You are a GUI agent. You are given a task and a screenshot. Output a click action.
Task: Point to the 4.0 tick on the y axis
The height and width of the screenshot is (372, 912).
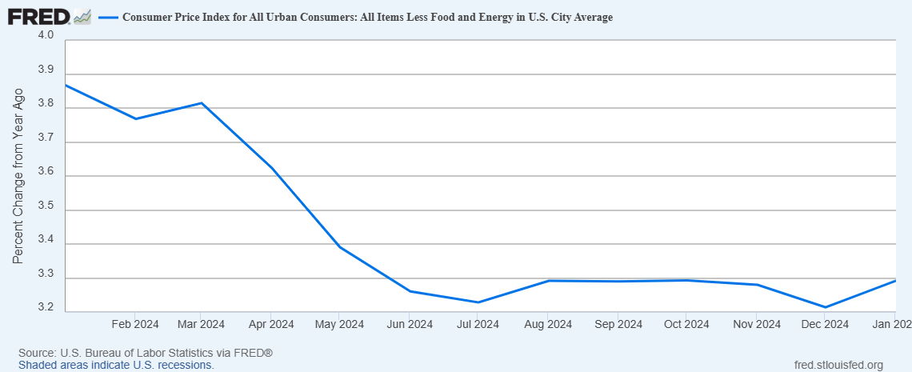click(45, 35)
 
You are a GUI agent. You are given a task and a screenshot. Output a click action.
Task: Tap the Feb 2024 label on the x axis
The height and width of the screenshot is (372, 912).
click(134, 324)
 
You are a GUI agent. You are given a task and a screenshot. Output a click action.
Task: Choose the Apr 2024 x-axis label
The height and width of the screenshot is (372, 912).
click(271, 324)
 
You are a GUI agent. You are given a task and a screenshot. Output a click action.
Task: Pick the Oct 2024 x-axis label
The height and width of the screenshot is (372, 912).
click(686, 324)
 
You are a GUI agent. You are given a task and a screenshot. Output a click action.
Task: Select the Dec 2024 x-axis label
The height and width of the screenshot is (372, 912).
click(825, 324)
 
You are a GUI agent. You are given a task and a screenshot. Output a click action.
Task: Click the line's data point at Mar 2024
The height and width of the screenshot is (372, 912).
click(202, 103)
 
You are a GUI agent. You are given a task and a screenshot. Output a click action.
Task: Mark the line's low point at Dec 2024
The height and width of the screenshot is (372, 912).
click(825, 307)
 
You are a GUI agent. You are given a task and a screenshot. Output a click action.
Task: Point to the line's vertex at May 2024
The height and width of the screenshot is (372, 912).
click(339, 247)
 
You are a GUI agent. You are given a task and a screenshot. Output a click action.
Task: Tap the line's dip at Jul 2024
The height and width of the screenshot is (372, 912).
click(478, 302)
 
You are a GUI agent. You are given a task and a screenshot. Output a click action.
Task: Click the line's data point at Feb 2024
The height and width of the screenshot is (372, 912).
click(135, 119)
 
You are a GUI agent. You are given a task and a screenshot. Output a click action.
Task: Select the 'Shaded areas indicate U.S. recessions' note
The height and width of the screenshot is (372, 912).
click(116, 365)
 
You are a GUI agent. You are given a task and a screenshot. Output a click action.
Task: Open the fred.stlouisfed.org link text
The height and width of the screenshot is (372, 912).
click(835, 365)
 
